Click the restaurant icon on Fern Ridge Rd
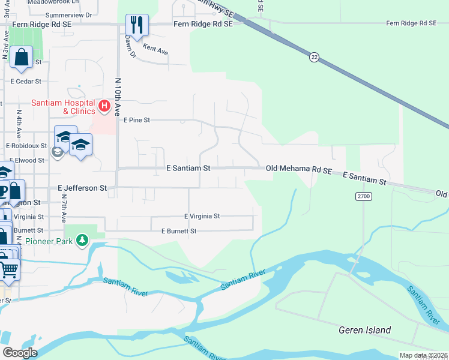[137, 25]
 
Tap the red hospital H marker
[104, 107]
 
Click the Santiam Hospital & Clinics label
[63, 107]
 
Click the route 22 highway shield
[314, 57]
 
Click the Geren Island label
[364, 330]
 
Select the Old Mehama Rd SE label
[299, 170]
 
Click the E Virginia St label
[202, 216]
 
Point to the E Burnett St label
[179, 231]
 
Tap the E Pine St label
[136, 120]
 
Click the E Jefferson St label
[82, 188]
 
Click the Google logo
[19, 352]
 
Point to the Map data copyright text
[423, 356]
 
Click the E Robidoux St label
[26, 145]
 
